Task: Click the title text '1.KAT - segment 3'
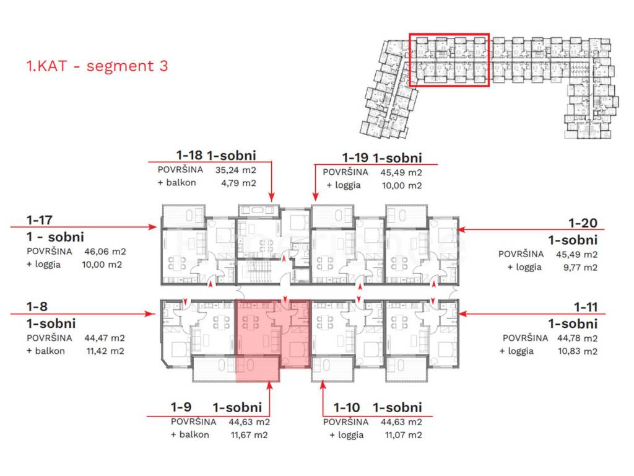coord(97,66)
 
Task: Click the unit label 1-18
coord(189,155)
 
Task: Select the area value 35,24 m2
coord(236,170)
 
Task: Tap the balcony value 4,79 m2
coord(238,183)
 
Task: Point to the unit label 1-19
coord(355,157)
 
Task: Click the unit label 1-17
coord(40,220)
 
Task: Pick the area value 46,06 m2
coord(105,252)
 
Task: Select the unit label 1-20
coord(583,223)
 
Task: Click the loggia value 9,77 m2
coord(580,268)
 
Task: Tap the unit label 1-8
coord(37,306)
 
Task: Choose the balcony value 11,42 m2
coord(105,351)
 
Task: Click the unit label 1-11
coord(586,307)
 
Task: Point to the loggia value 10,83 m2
coord(578,351)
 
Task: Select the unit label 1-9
coord(181,407)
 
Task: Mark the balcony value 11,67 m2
coord(249,435)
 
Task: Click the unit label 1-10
coord(347,407)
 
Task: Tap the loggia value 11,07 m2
coord(403,435)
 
